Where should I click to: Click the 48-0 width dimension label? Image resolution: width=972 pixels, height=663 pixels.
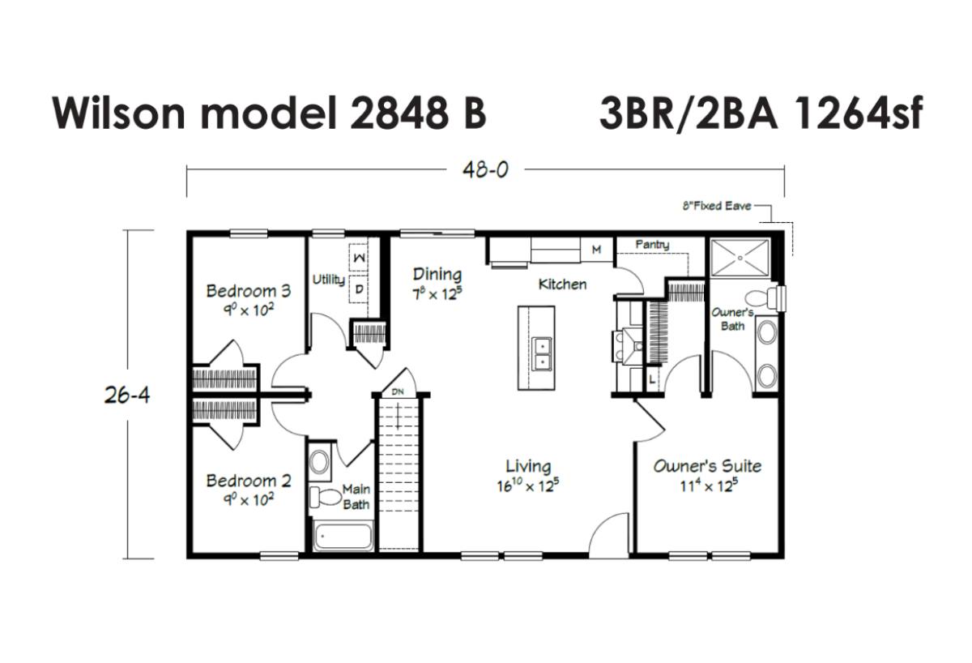[x=484, y=169]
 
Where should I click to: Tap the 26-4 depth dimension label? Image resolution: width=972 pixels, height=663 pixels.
[x=127, y=396]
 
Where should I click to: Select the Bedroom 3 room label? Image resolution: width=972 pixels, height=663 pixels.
[x=248, y=291]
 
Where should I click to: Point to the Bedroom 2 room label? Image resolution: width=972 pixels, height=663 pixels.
[x=248, y=481]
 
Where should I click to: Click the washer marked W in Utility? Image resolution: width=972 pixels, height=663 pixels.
[x=358, y=258]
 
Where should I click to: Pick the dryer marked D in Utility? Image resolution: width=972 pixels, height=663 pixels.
[x=358, y=289]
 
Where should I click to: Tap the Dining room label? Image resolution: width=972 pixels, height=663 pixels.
[x=437, y=275]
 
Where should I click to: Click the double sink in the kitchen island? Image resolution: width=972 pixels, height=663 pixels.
[x=542, y=354]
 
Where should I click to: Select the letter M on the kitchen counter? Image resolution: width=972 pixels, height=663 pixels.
[x=597, y=250]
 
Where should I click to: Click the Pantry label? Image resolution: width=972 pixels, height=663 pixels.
[x=652, y=245]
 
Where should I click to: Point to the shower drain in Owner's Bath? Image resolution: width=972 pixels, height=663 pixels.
[x=740, y=258]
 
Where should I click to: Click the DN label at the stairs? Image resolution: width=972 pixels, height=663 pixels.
[x=398, y=391]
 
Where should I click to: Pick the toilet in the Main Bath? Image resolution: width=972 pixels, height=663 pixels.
[x=325, y=498]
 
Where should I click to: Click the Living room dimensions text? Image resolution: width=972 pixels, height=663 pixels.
[x=527, y=485]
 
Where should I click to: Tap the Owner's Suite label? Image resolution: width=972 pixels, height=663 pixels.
[x=707, y=467]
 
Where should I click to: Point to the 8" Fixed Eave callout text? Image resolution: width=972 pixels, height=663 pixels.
[x=717, y=206]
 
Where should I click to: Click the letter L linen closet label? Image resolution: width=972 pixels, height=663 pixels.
[x=652, y=380]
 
